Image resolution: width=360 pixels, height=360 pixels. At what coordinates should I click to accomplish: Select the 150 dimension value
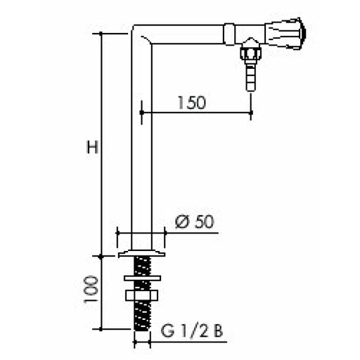[191, 103]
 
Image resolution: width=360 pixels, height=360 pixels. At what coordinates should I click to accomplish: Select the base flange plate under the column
[142, 250]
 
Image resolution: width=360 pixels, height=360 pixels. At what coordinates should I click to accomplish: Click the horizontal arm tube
[190, 32]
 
